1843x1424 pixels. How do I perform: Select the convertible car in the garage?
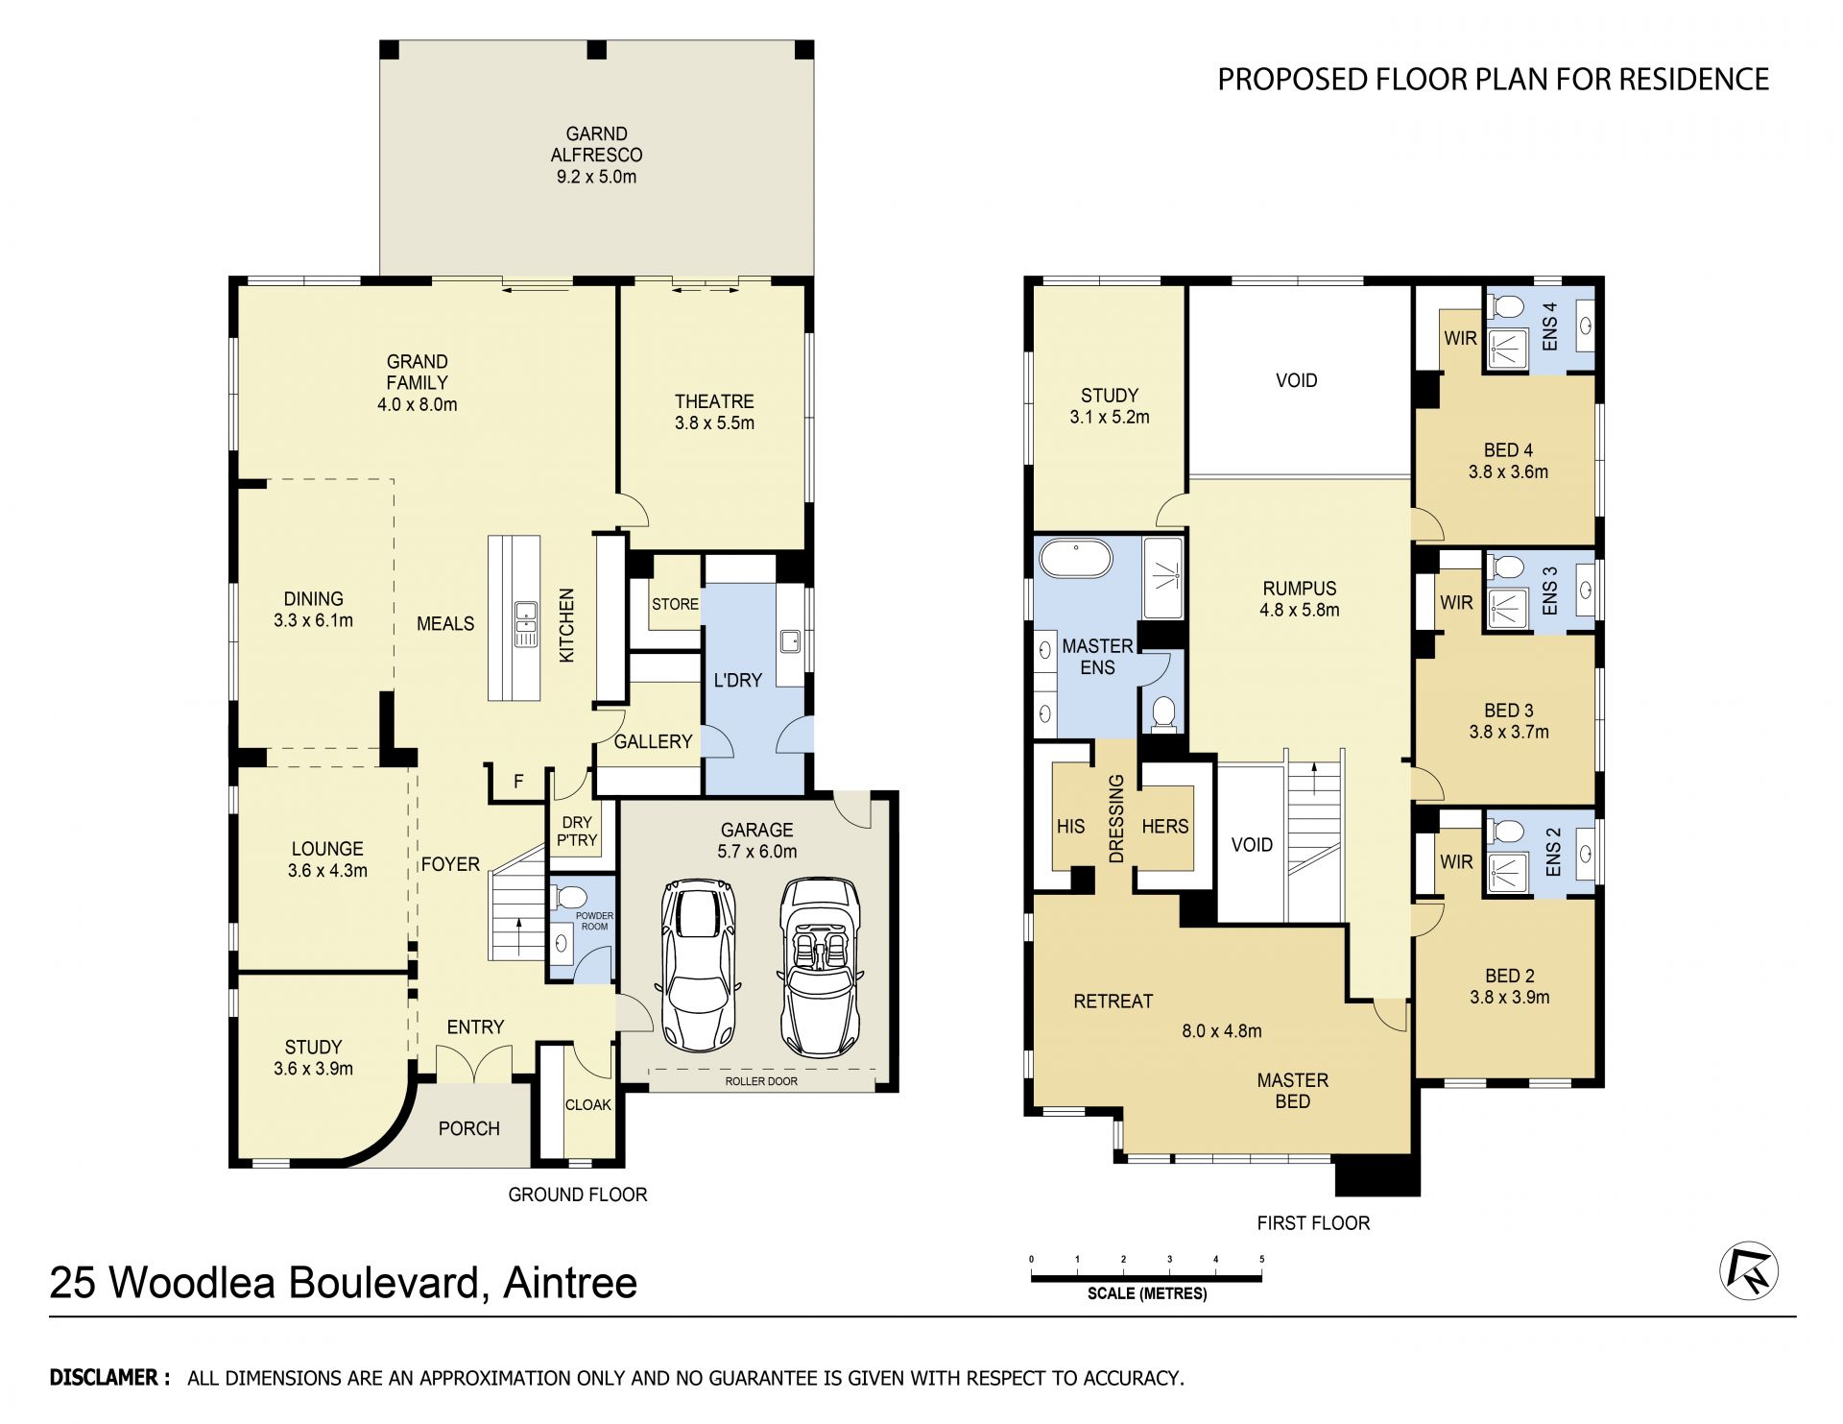819,967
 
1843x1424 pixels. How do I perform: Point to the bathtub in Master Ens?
1077,558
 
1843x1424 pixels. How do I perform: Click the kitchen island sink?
524,624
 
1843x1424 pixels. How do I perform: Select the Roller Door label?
761,1081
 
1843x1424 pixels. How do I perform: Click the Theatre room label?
714,401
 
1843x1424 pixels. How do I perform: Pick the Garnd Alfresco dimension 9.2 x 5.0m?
596,177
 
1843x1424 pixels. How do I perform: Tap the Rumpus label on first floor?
1299,589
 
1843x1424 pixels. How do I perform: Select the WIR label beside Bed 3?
1456,603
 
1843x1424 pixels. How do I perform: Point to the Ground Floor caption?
578,1195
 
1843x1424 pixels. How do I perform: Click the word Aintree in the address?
570,1283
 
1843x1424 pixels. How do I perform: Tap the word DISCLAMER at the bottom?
104,1378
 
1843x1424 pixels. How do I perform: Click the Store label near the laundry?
675,604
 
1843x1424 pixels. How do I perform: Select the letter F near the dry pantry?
518,782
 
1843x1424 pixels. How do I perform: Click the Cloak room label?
588,1105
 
